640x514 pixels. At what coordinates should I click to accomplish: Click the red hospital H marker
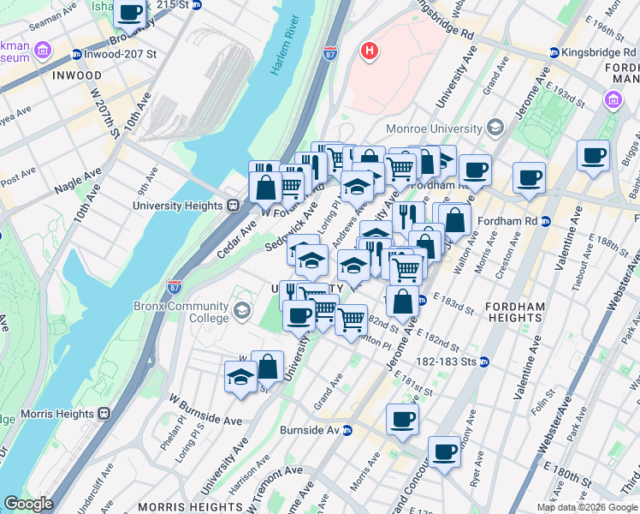pyautogui.click(x=370, y=51)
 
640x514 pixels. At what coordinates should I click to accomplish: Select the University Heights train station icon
pyautogui.click(x=232, y=206)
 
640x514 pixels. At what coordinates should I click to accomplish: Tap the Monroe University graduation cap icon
pyautogui.click(x=495, y=128)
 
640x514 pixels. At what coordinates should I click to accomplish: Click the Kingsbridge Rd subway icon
pyautogui.click(x=554, y=53)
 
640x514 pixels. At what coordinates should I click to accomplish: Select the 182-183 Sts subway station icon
pyautogui.click(x=483, y=362)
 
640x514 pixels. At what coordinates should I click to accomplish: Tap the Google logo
pyautogui.click(x=28, y=504)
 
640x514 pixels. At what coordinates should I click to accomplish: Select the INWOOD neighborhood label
pyautogui.click(x=76, y=75)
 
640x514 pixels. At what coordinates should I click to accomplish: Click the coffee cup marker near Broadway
pyautogui.click(x=129, y=14)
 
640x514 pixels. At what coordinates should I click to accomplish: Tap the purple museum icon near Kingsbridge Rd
pyautogui.click(x=613, y=101)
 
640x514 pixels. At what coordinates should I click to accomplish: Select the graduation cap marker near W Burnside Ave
pyautogui.click(x=240, y=377)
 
